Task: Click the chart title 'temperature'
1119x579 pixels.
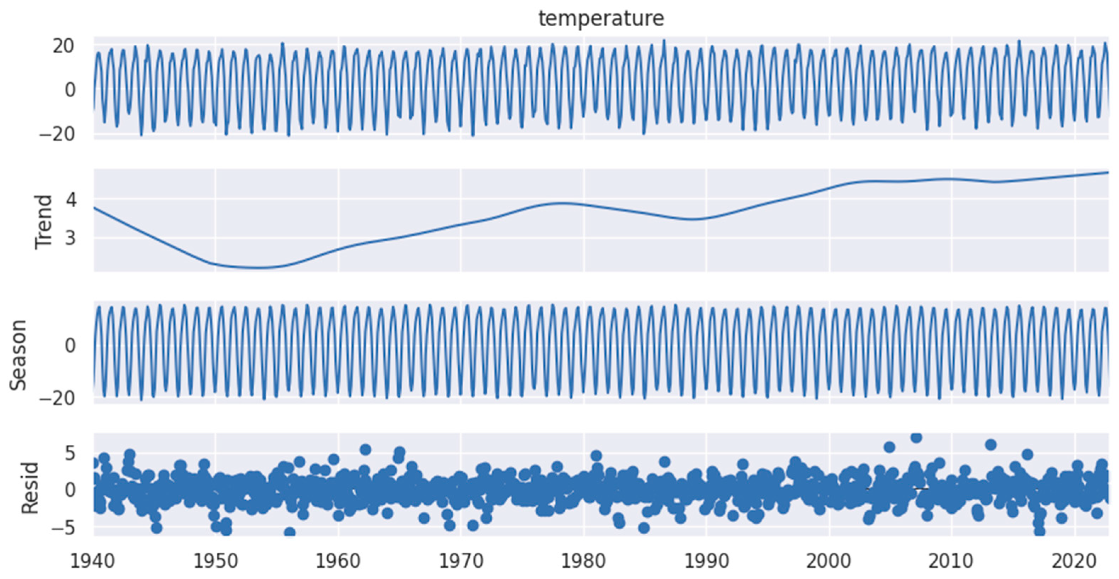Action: (601, 19)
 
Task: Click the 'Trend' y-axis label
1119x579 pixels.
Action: (44, 222)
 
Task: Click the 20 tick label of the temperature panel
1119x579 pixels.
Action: (64, 46)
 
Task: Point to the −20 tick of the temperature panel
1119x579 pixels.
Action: (57, 134)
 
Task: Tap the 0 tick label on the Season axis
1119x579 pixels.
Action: (70, 345)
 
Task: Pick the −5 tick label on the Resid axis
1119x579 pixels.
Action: (63, 528)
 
